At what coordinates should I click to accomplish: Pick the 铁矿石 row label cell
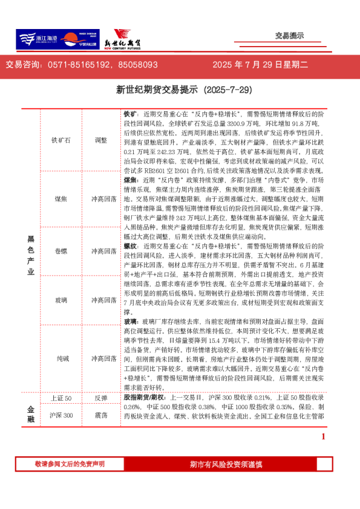pyautogui.click(x=61, y=140)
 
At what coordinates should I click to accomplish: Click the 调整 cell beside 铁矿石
pyautogui.click(x=100, y=140)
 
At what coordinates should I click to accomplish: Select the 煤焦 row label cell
pyautogui.click(x=61, y=198)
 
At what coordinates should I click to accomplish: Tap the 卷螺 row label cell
pyautogui.click(x=61, y=250)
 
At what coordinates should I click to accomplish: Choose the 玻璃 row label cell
pyautogui.click(x=61, y=300)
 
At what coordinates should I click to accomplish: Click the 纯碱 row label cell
pyautogui.click(x=61, y=358)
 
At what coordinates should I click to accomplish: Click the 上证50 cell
pyautogui.click(x=61, y=398)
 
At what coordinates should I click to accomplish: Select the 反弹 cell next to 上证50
pyautogui.click(x=100, y=398)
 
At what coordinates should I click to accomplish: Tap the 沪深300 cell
pyautogui.click(x=61, y=415)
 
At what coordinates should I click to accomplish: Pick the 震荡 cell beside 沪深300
pyautogui.click(x=100, y=415)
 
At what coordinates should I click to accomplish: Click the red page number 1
pyautogui.click(x=323, y=437)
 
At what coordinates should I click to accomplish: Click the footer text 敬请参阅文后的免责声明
pyautogui.click(x=70, y=464)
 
